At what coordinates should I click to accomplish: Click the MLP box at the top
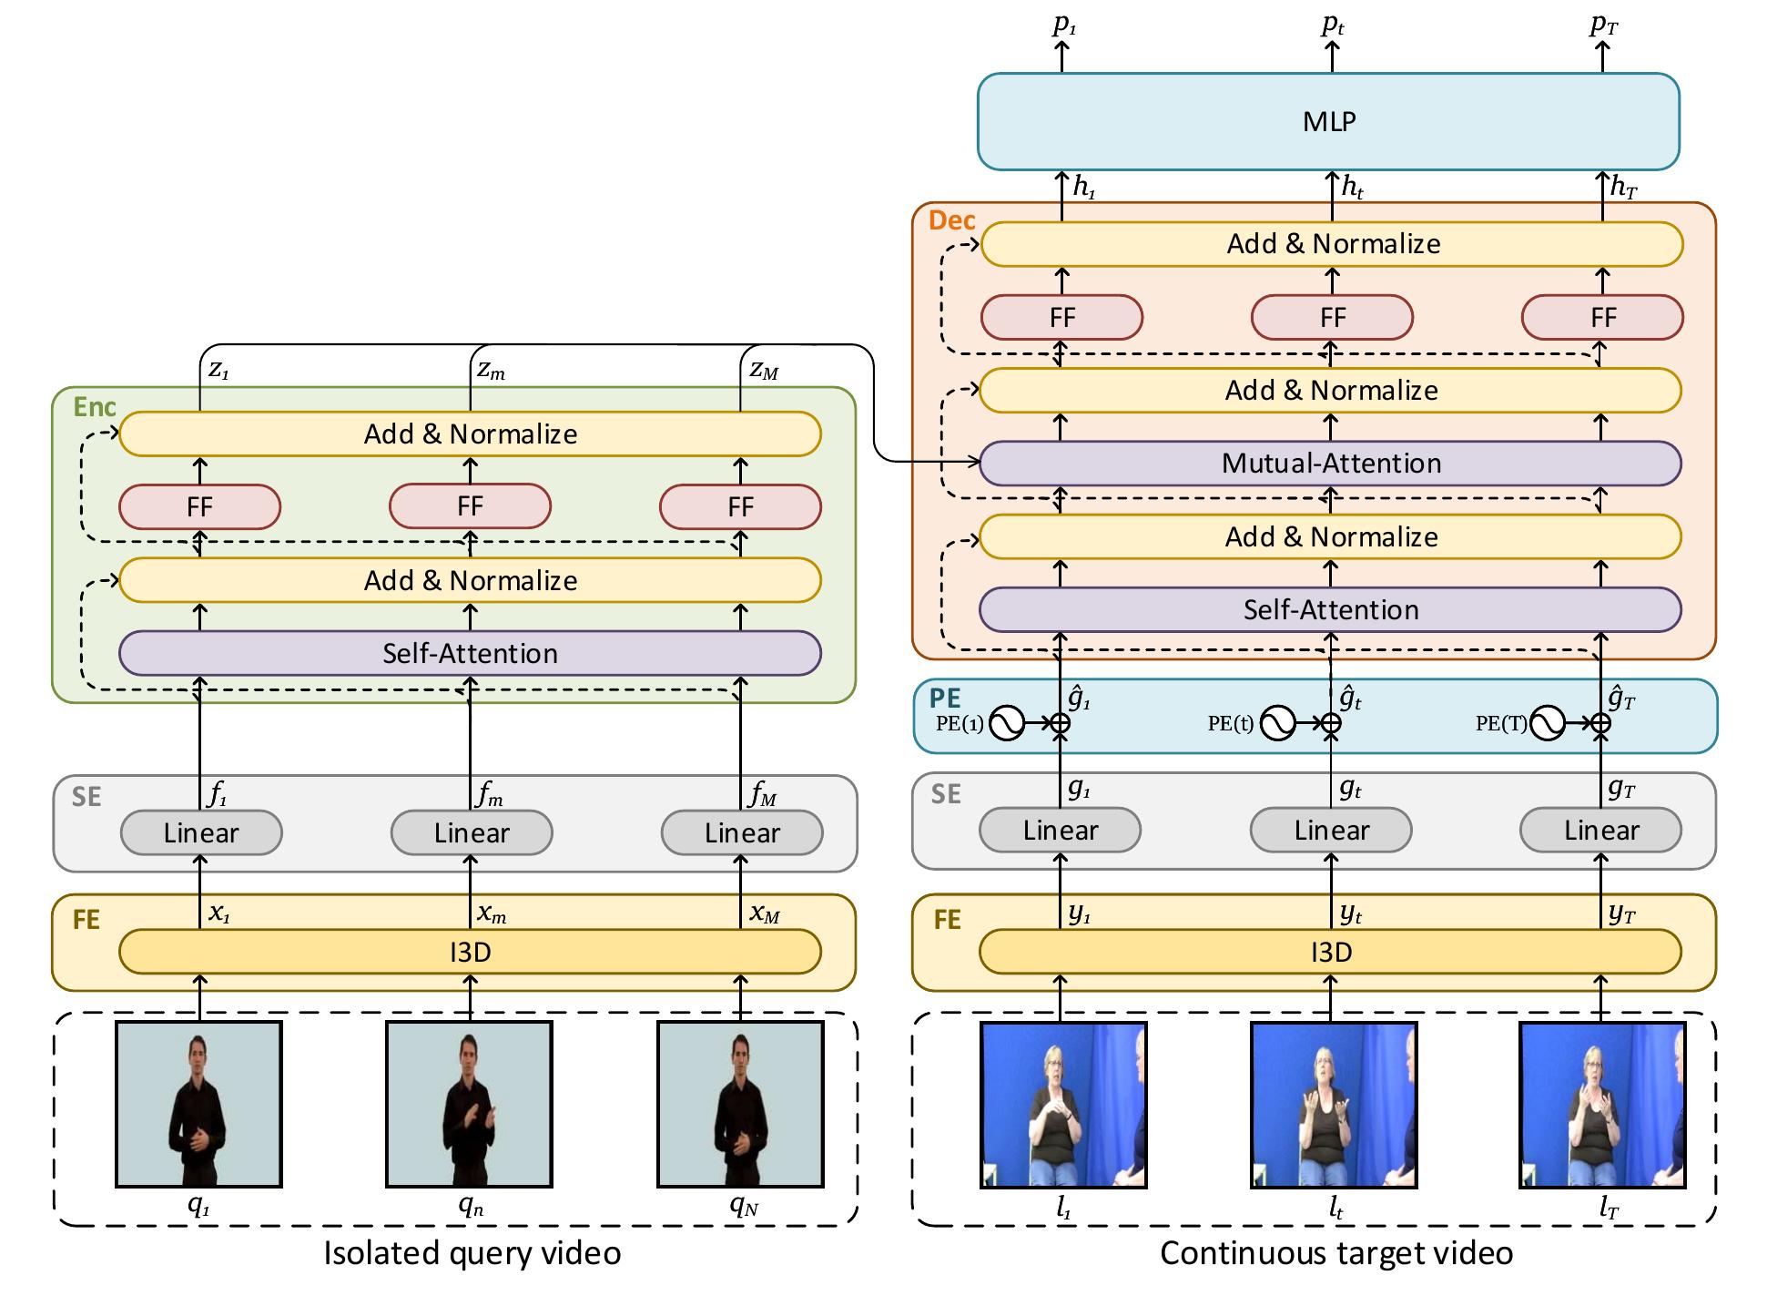[x=1328, y=121]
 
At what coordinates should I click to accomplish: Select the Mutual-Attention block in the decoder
[x=1330, y=464]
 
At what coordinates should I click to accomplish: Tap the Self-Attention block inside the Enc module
[x=470, y=653]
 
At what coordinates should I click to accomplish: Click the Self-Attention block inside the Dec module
[x=1330, y=609]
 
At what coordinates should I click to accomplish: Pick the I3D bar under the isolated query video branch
[x=470, y=952]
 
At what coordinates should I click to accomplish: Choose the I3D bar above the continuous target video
[x=1330, y=952]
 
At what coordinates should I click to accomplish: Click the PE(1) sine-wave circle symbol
[x=1007, y=724]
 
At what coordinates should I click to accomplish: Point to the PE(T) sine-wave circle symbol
[x=1547, y=724]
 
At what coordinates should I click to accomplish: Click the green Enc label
[x=95, y=407]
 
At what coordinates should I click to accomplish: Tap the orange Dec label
[x=951, y=220]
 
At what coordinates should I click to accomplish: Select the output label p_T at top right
[x=1603, y=26]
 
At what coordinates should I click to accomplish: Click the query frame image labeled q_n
[x=469, y=1104]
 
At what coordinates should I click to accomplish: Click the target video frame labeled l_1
[x=1062, y=1105]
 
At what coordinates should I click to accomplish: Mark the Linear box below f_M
[x=741, y=833]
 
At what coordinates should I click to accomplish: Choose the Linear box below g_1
[x=1060, y=831]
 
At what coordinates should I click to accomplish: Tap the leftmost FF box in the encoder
[x=199, y=507]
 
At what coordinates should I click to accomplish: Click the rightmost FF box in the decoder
[x=1602, y=318]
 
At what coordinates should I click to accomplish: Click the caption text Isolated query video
[x=472, y=1253]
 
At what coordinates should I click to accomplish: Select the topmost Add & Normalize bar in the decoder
[x=1332, y=244]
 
